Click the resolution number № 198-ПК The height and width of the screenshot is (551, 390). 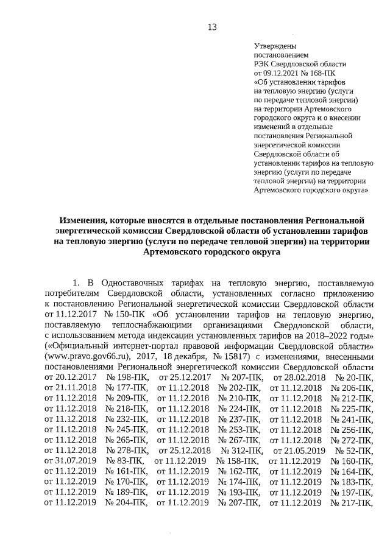coord(127,377)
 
